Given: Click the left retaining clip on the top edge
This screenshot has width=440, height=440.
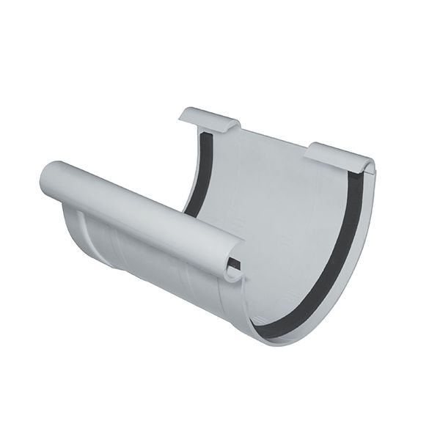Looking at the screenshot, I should pos(209,119).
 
